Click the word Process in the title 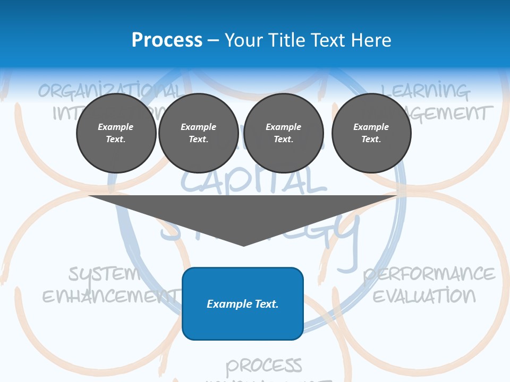coord(167,40)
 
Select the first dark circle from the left coord(116,133)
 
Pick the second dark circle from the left coord(199,133)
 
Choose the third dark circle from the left coord(284,133)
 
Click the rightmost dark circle coord(371,133)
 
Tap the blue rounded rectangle coord(243,303)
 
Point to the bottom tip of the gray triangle coord(243,245)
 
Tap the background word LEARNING coord(425,91)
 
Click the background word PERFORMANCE coord(429,274)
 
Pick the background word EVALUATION coord(424,295)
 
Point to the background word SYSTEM coord(104,274)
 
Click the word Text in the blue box coord(264,304)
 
